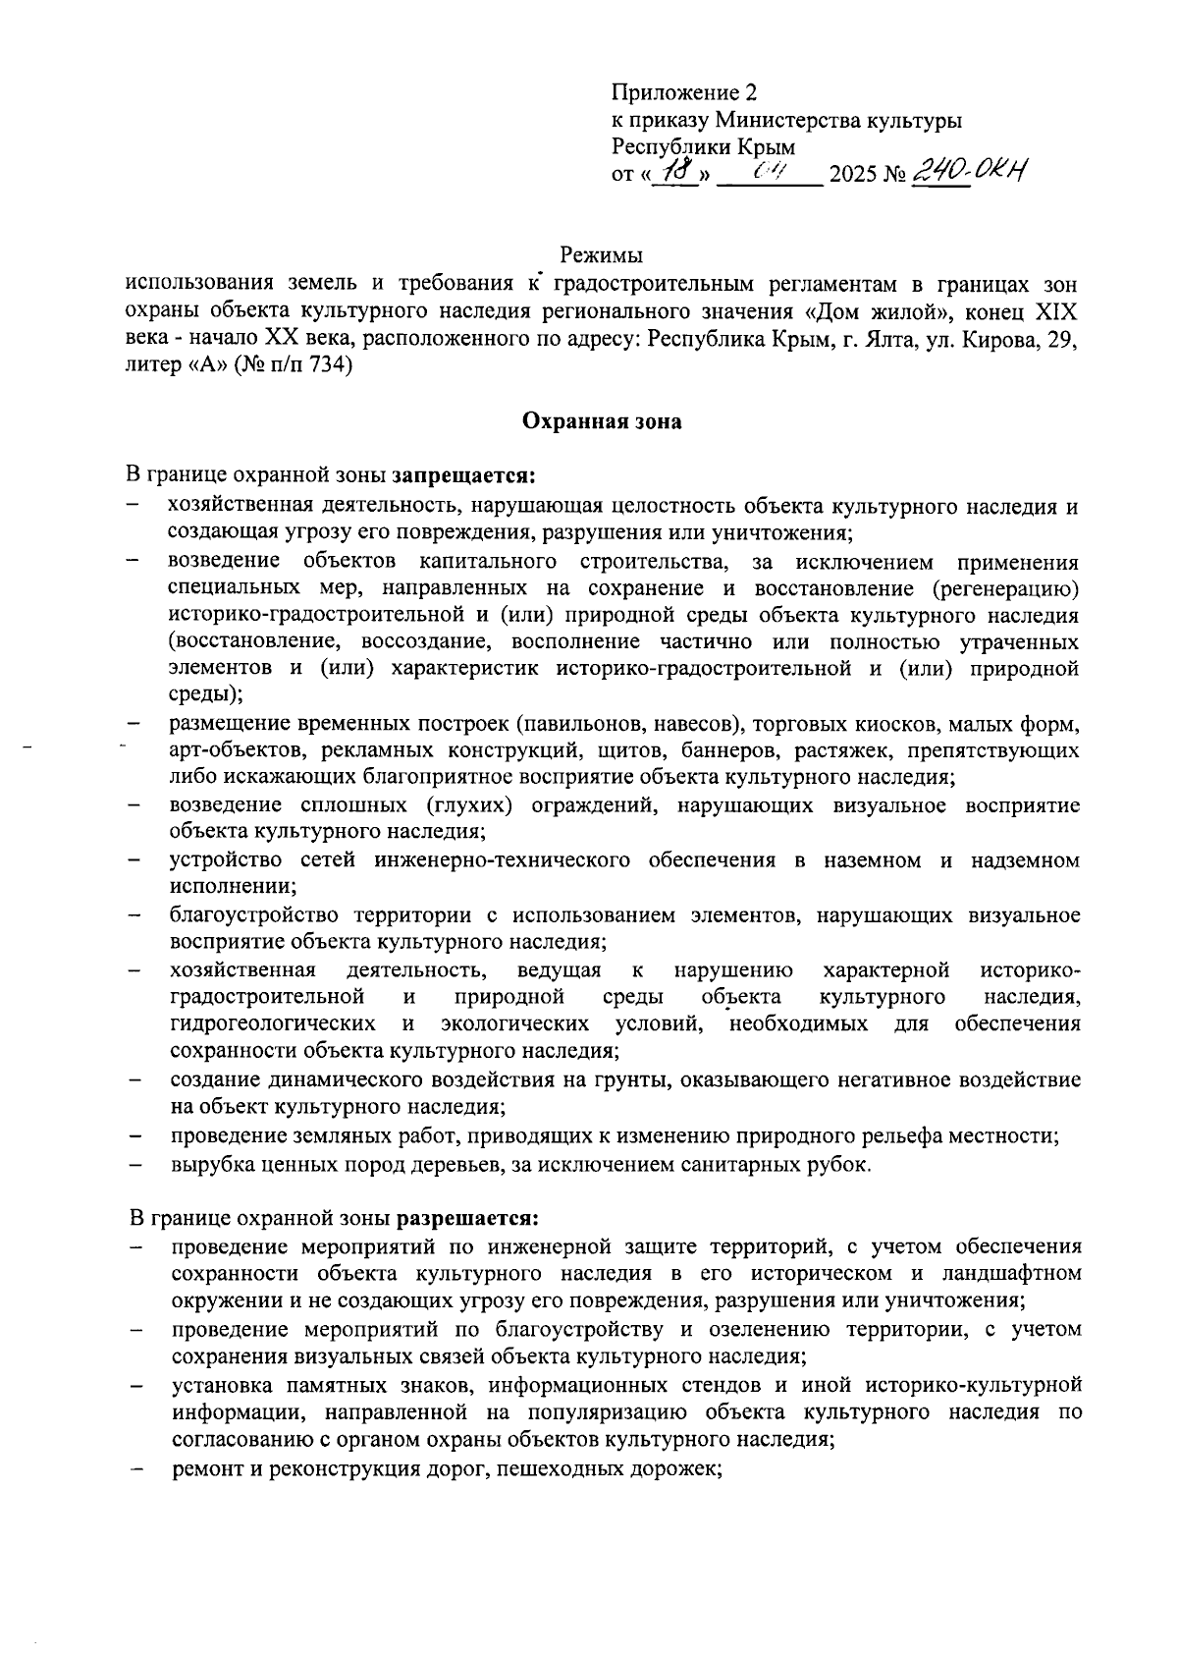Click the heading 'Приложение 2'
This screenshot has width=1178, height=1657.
click(x=684, y=93)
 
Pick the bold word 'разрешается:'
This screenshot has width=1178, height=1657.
click(x=467, y=1219)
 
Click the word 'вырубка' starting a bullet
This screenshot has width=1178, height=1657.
click(x=206, y=1165)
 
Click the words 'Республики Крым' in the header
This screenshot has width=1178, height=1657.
click(x=703, y=148)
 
